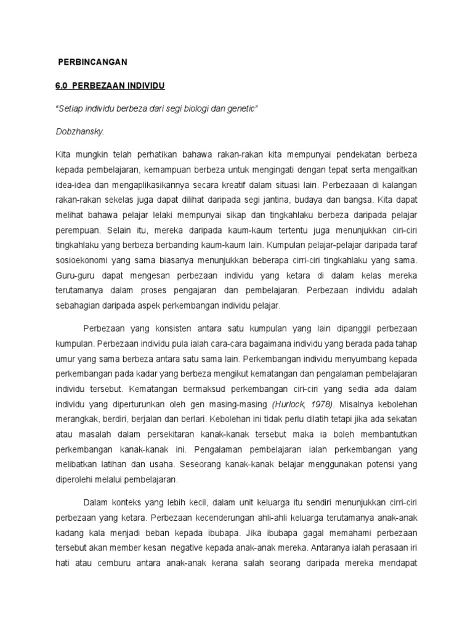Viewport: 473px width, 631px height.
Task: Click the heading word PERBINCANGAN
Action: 92,62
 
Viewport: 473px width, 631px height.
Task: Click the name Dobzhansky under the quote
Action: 79,131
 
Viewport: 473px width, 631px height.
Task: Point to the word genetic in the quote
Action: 241,108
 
